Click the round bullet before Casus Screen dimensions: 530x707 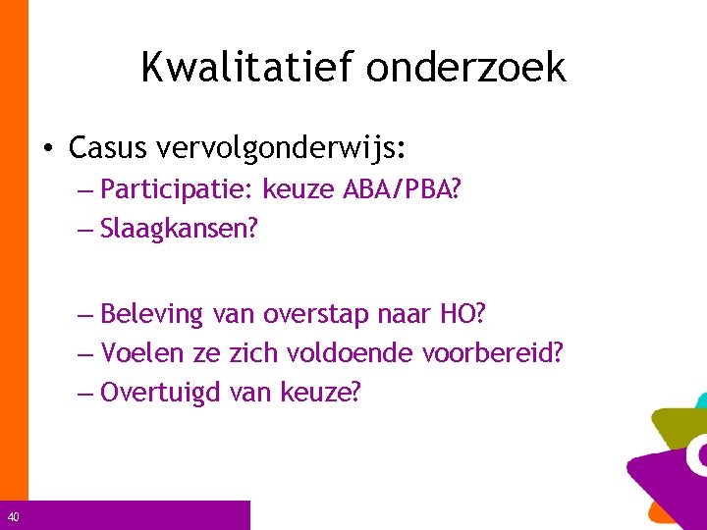48,149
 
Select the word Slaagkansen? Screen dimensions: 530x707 178,229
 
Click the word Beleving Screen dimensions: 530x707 151,315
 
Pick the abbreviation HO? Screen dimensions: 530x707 463,314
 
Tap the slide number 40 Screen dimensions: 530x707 12,517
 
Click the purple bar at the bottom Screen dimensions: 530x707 137,515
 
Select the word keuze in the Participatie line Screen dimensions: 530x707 297,188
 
